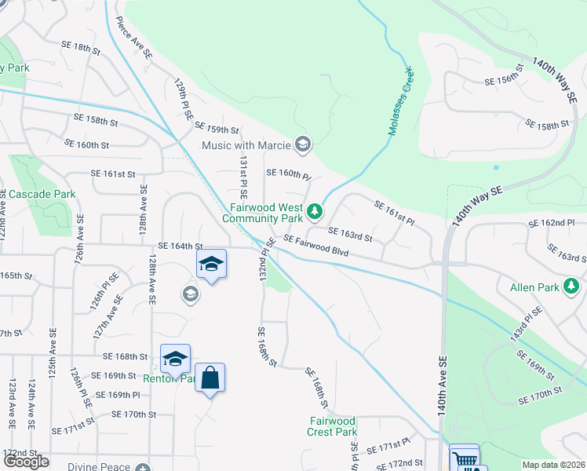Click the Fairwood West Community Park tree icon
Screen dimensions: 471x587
coord(315,210)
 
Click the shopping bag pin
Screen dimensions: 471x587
coord(210,378)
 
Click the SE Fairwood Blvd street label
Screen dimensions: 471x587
coord(315,245)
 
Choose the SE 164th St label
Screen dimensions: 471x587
coord(180,246)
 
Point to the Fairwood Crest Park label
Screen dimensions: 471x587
coord(333,426)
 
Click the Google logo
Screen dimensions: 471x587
coord(26,462)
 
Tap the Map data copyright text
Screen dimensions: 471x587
coord(554,465)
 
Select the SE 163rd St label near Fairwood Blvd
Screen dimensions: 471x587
coord(349,233)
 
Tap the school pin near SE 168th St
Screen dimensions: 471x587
coord(175,359)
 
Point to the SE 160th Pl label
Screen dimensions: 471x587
coord(289,173)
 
